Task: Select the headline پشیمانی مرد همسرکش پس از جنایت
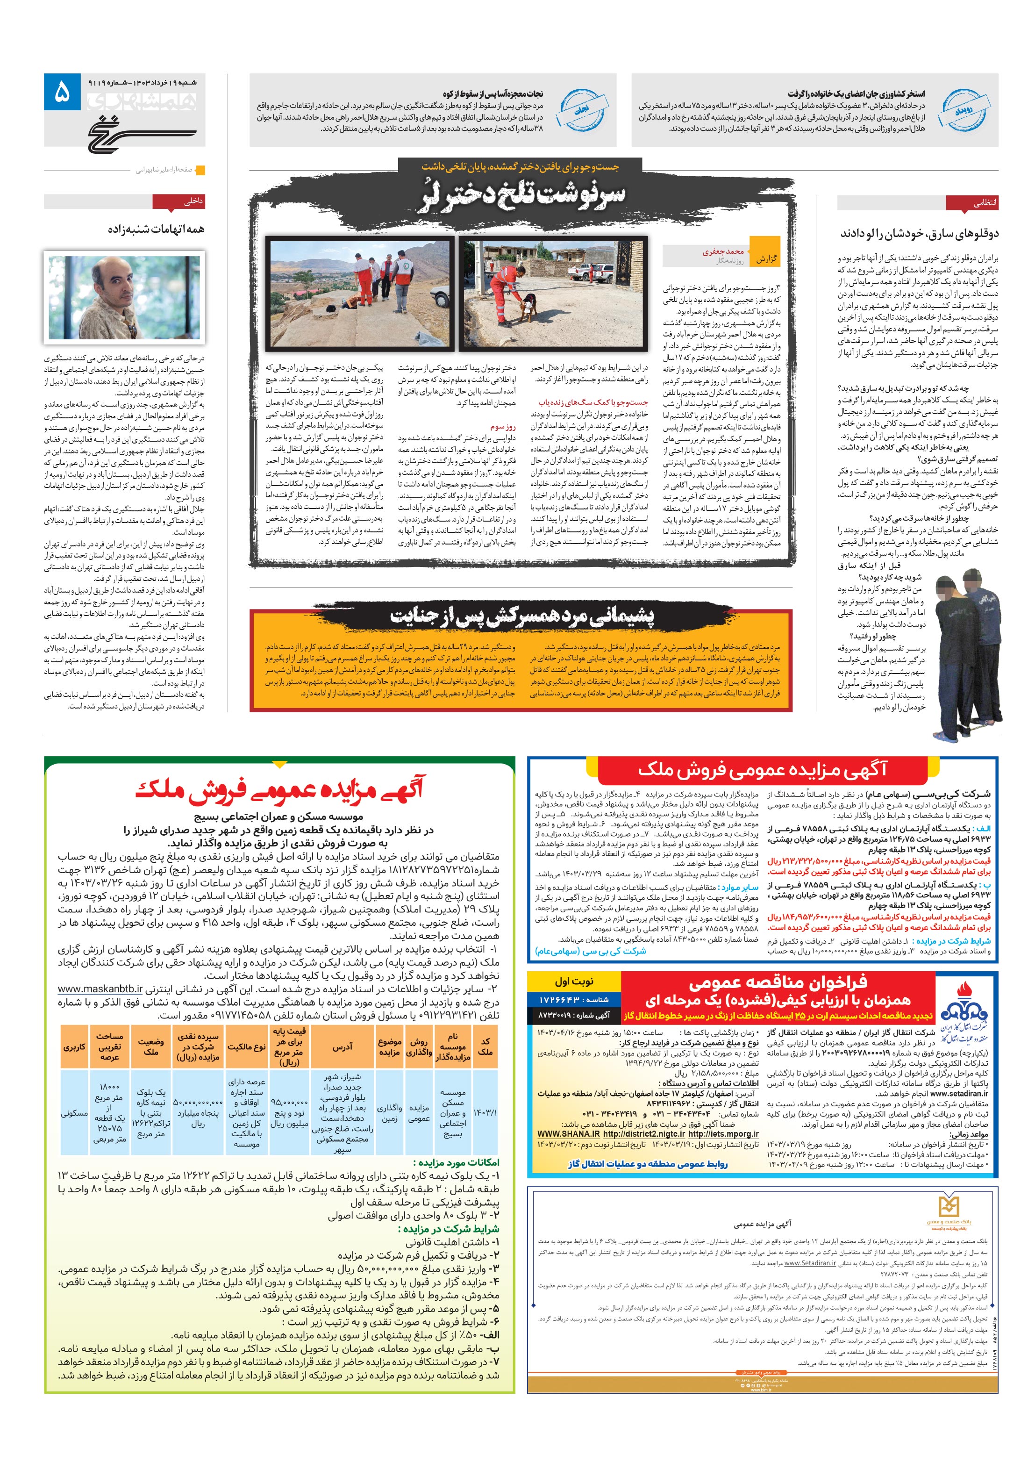tap(522, 616)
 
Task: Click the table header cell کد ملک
tap(485, 1046)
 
